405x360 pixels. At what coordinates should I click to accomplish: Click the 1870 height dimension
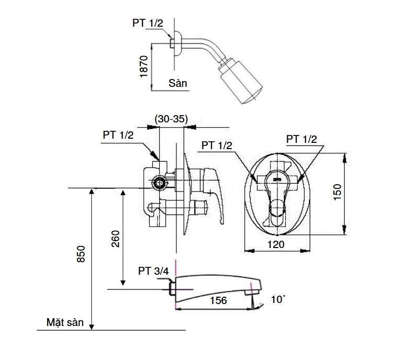[145, 67]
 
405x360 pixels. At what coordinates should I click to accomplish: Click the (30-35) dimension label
[171, 118]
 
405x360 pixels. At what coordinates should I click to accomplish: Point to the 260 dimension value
[116, 239]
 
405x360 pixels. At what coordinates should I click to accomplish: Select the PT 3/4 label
[153, 271]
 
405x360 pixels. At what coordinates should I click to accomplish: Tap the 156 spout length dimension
[218, 300]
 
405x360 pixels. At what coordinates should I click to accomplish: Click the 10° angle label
[278, 300]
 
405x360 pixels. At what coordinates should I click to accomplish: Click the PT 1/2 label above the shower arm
[147, 23]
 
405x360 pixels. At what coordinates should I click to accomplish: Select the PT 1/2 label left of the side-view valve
[118, 134]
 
